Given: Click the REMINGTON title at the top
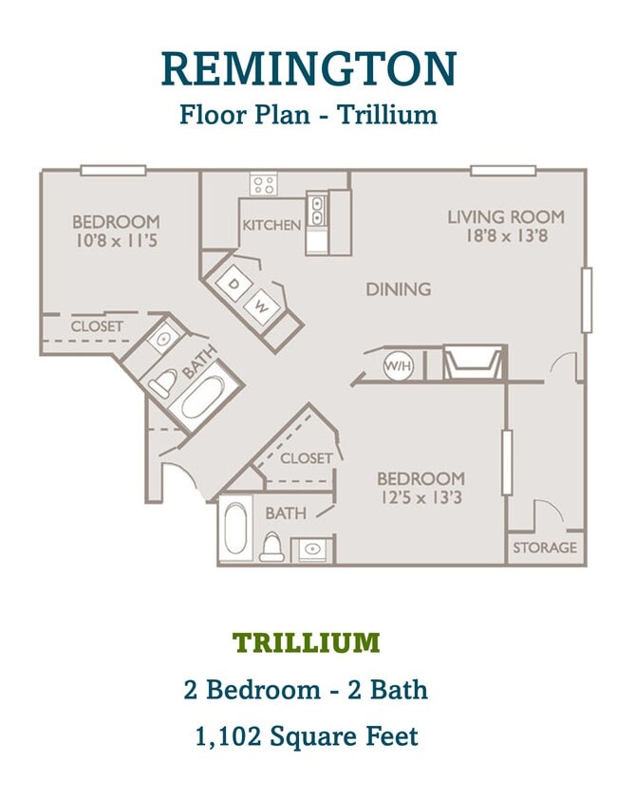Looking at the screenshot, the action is [x=308, y=68].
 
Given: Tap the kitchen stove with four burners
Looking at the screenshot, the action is [x=263, y=184].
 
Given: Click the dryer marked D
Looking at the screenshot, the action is [x=234, y=283].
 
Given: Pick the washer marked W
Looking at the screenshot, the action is [x=261, y=306].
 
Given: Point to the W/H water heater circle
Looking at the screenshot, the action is [x=398, y=365].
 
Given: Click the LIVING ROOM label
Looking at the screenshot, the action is [x=506, y=216].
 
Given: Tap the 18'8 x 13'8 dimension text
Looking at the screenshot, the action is [x=507, y=235].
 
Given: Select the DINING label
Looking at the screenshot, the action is [x=399, y=289].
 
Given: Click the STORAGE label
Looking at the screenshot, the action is [x=545, y=547].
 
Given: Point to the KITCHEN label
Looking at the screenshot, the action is [x=271, y=225].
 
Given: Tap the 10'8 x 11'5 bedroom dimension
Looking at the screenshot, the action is [x=117, y=240].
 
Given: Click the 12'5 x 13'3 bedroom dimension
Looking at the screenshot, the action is [x=421, y=496].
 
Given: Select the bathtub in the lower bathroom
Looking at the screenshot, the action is [x=235, y=529].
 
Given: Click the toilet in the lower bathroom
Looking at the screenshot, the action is [x=271, y=547].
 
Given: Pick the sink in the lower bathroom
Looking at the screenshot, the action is [x=312, y=548].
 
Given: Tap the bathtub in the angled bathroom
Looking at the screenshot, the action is [x=202, y=396].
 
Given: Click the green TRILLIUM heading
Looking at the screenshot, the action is [x=307, y=642].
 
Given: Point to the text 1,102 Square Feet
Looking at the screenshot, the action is [x=307, y=736].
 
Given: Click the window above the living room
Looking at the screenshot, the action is [x=503, y=171].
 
